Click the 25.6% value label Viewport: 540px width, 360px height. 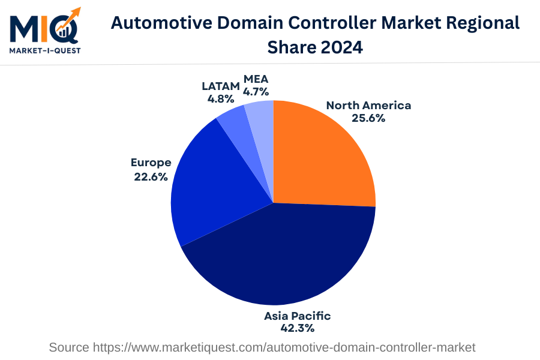click(368, 118)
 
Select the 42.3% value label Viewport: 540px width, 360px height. click(298, 328)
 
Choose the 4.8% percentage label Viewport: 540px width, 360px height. click(221, 98)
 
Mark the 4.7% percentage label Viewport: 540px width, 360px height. click(256, 92)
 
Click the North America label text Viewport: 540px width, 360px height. click(368, 106)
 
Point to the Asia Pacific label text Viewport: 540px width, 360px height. click(298, 316)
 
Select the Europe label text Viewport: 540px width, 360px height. click(151, 163)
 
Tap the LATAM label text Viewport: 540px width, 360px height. click(221, 86)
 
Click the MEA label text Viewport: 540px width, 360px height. click(256, 79)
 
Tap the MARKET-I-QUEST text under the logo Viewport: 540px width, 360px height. click(45, 50)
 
